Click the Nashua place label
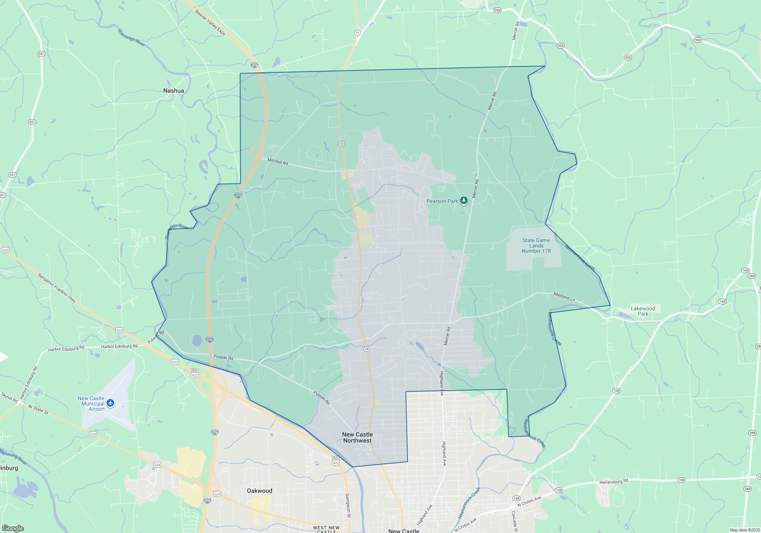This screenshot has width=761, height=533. [174, 91]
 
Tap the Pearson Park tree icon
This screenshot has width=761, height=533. [463, 200]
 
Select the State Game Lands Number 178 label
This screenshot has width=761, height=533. [536, 246]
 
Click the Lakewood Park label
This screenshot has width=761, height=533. [643, 311]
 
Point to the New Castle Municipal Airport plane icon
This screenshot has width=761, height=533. [110, 403]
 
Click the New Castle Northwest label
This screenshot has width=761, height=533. [357, 437]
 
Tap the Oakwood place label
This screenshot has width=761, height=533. [260, 491]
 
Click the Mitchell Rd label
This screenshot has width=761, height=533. [278, 161]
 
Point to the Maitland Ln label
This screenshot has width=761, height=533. [564, 297]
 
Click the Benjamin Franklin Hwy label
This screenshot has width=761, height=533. [57, 288]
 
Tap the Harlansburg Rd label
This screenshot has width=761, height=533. [614, 482]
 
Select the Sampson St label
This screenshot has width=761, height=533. [348, 505]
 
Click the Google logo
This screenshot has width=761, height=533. [13, 528]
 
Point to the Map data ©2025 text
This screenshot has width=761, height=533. [744, 530]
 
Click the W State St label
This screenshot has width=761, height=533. [38, 410]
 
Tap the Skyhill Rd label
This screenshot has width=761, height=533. [9, 397]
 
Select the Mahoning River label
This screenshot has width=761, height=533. [13, 457]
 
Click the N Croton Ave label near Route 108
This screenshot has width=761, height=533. [529, 501]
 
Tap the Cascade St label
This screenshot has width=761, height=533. [515, 521]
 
